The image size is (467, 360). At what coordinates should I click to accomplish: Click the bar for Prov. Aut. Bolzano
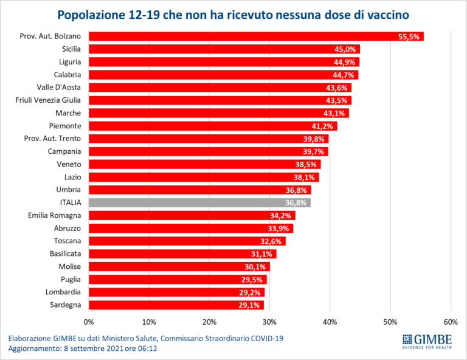[256, 36]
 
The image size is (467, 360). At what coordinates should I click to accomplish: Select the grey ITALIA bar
[199, 202]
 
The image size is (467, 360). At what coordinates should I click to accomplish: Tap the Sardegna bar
[176, 305]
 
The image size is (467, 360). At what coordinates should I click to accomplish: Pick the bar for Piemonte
[213, 126]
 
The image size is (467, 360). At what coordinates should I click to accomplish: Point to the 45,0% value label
[345, 49]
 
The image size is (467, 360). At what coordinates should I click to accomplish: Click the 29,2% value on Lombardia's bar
[249, 292]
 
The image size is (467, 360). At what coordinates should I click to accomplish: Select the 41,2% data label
[322, 126]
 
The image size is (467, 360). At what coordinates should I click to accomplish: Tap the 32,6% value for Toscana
[271, 241]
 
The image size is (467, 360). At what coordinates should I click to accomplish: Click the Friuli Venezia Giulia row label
[48, 100]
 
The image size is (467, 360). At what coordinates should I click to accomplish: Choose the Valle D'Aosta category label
[58, 87]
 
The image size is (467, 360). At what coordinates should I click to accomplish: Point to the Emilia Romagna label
[55, 215]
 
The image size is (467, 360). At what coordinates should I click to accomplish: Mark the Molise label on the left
[70, 266]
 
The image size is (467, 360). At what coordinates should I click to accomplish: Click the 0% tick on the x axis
[89, 322]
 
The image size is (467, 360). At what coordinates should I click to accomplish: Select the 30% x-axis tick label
[270, 322]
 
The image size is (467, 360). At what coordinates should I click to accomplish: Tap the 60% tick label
[451, 322]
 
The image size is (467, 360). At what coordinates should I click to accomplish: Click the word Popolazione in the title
[91, 15]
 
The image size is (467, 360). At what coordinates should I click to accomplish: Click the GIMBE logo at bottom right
[427, 342]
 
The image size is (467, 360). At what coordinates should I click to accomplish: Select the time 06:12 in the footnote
[147, 348]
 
